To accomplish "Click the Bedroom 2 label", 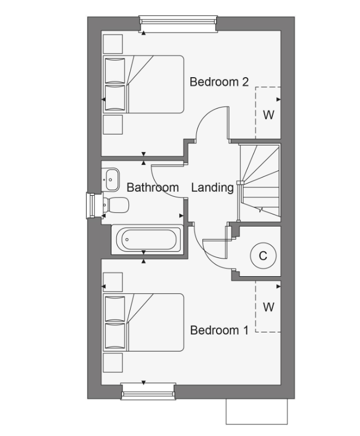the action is click(x=219, y=82).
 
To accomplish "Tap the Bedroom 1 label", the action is click(x=219, y=330).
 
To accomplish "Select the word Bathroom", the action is click(x=153, y=187).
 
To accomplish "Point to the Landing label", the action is click(x=212, y=188).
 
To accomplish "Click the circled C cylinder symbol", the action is click(x=263, y=256).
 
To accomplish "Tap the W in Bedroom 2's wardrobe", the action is click(x=268, y=115).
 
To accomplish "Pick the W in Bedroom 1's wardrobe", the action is click(x=268, y=307).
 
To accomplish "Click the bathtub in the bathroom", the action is click(x=147, y=239).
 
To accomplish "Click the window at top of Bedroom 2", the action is click(x=178, y=24).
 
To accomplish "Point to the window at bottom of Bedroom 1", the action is click(x=148, y=391).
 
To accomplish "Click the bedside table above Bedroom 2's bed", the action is click(x=112, y=44).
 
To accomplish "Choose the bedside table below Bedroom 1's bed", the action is click(x=112, y=363).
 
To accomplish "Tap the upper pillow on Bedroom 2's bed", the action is click(x=115, y=71).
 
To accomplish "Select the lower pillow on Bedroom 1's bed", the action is click(x=115, y=336).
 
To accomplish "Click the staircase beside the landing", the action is click(x=260, y=182).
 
